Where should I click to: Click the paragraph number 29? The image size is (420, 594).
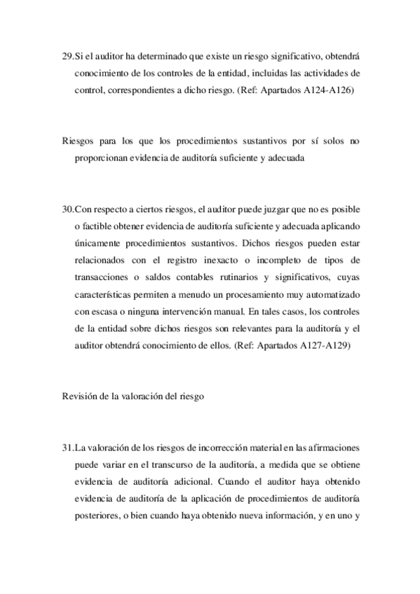tap(67, 56)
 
